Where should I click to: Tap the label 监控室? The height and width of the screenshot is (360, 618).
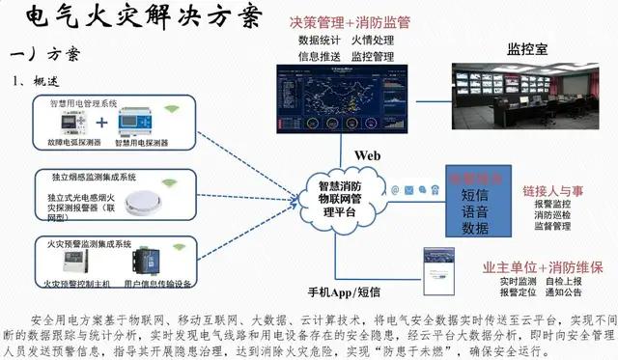(x=527, y=49)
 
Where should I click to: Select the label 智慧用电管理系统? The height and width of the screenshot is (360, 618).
(x=83, y=102)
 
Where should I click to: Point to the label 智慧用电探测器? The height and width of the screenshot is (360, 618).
(x=142, y=142)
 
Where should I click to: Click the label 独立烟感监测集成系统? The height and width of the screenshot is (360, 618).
(x=94, y=178)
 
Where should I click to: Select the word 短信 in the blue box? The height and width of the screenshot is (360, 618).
(x=473, y=192)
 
